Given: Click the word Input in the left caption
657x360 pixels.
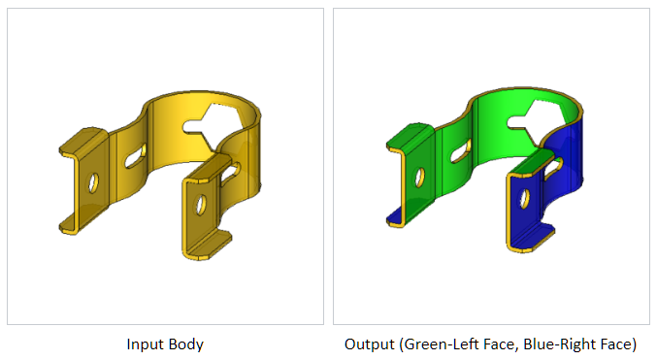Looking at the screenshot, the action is [144, 344].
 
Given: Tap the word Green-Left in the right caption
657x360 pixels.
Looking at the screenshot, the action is [439, 344].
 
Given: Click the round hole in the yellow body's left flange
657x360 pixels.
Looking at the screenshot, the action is [93, 183].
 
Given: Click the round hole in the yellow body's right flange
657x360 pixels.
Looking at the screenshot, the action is [201, 205].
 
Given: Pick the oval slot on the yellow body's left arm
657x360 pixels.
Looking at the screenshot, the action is [135, 157].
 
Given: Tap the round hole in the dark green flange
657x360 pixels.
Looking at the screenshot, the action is [419, 178].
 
